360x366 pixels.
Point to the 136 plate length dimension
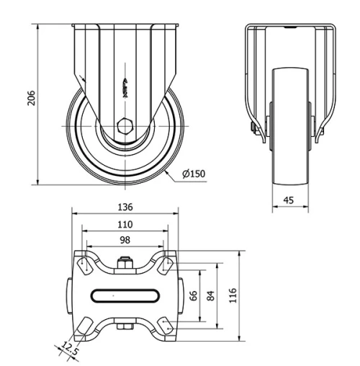125,207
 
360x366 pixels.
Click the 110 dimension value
125,225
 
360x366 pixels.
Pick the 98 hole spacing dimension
125,240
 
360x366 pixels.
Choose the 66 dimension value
193,295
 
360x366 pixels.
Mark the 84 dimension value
210,295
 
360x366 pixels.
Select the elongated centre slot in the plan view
125,294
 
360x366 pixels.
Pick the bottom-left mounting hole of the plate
86,326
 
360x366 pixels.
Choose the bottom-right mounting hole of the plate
165,326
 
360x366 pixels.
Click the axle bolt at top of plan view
125,263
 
